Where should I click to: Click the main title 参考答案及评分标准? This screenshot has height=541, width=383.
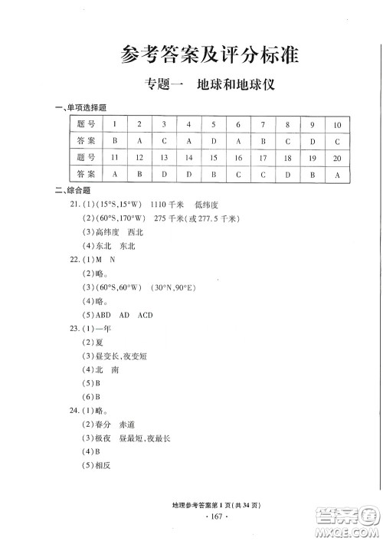[x=209, y=55]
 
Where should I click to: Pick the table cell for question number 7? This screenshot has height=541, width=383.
[x=263, y=124]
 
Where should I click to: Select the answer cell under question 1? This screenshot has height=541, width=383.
[x=114, y=141]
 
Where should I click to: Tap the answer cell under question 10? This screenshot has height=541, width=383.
[x=338, y=141]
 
